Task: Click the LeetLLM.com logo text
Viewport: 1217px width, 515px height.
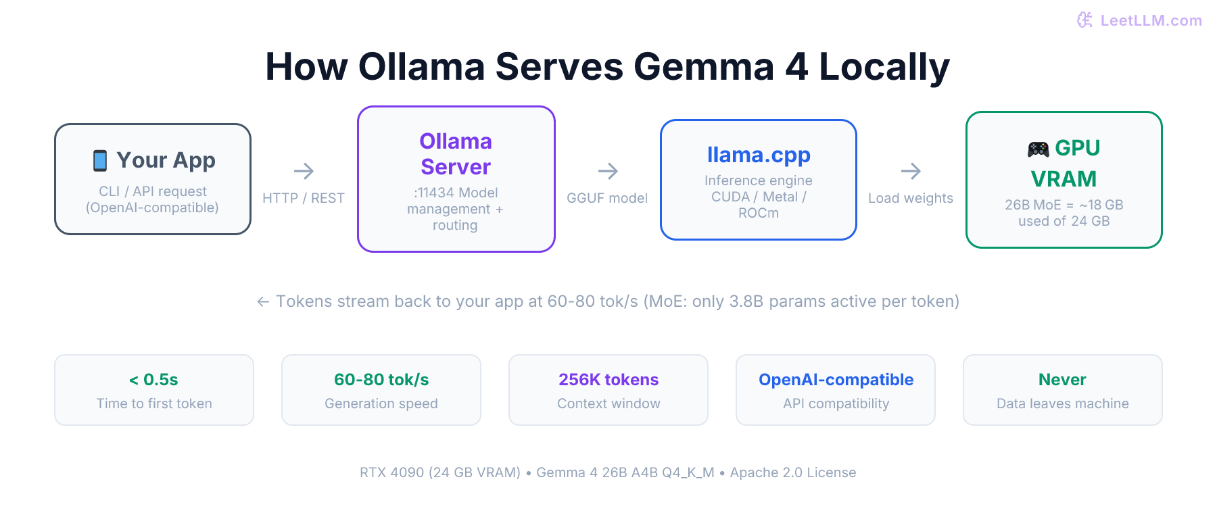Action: tap(1151, 20)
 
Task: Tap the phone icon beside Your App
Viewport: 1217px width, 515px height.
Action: tap(100, 161)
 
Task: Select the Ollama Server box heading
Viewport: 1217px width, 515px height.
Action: tap(456, 154)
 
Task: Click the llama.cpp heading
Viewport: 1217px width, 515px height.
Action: tap(759, 155)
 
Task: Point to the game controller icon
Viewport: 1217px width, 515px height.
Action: tap(1038, 149)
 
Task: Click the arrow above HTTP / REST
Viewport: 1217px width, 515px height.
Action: tap(304, 171)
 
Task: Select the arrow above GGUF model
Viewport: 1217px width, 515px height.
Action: tap(608, 171)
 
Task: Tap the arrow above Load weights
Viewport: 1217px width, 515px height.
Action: tap(911, 171)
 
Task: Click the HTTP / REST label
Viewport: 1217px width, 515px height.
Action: tap(304, 198)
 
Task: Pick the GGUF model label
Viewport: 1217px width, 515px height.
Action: tap(607, 198)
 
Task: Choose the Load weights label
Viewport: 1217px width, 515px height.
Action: tap(911, 198)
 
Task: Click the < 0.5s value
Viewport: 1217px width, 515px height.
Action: tap(153, 380)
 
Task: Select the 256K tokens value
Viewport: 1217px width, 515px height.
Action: tap(608, 380)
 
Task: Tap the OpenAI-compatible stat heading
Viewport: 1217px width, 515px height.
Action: tap(836, 380)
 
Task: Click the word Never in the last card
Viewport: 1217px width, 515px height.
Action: tap(1062, 380)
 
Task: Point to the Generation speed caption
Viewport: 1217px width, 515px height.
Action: tap(381, 403)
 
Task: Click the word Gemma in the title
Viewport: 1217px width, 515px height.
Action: tap(703, 67)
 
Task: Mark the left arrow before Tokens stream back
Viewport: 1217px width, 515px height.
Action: tap(263, 301)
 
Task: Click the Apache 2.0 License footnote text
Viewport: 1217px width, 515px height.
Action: tap(793, 472)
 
